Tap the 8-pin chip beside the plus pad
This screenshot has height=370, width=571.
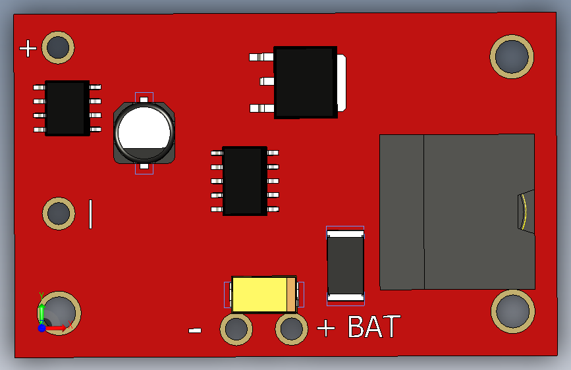tap(67, 108)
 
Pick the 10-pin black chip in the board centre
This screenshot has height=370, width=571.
tap(244, 180)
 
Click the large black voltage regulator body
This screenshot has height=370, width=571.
tap(305, 82)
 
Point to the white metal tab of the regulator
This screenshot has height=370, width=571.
tap(341, 82)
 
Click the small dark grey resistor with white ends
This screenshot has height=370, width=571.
tap(345, 265)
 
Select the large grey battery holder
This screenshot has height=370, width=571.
tap(456, 211)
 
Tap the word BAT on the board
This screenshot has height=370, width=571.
tap(374, 327)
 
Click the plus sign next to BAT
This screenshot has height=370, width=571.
tap(326, 328)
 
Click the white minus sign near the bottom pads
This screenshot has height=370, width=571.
tap(195, 330)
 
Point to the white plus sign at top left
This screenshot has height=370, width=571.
tap(28, 48)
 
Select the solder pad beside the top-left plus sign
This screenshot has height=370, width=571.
tap(58, 47)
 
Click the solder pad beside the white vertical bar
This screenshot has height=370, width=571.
tap(59, 213)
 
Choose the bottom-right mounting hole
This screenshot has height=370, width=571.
tap(512, 311)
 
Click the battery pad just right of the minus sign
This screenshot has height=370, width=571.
tap(236, 329)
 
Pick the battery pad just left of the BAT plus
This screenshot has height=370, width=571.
tap(291, 329)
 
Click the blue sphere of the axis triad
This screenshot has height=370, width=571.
tap(41, 327)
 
